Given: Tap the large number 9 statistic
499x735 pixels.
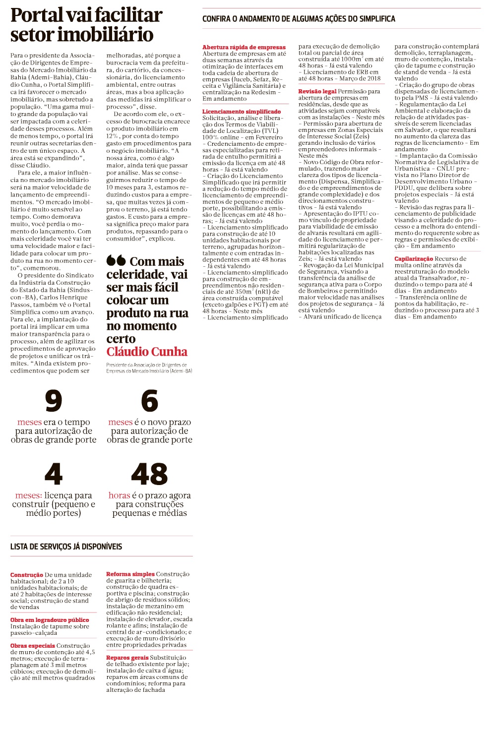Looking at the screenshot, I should click(x=54, y=401).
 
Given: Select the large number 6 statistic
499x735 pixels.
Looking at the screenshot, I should click(x=149, y=401).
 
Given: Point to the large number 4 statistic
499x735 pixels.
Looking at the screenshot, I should click(x=54, y=474).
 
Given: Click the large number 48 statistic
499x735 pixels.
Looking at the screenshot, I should click(x=149, y=474).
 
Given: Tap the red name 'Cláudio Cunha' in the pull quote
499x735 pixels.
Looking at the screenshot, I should click(x=147, y=352).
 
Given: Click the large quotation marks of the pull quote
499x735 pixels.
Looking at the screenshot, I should click(x=116, y=261).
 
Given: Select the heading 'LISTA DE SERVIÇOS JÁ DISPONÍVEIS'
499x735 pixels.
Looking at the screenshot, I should click(x=66, y=547).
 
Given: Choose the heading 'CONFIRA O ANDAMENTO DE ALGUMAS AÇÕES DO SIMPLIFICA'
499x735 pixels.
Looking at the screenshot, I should click(x=299, y=19).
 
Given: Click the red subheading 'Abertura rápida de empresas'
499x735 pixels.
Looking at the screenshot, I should click(x=244, y=47).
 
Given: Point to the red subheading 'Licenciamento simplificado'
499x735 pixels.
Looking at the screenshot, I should click(x=242, y=112).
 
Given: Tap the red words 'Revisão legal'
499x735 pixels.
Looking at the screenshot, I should click(x=317, y=91).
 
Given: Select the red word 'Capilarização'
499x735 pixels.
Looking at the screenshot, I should click(x=414, y=259).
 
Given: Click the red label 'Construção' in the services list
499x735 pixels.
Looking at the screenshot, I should click(x=27, y=575).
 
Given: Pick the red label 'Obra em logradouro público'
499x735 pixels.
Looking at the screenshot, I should click(x=50, y=620).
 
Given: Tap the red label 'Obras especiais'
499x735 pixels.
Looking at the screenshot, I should click(x=33, y=646).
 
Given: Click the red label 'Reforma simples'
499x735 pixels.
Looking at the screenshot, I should click(x=130, y=574).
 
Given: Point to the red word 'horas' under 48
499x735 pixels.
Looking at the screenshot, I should click(x=119, y=495).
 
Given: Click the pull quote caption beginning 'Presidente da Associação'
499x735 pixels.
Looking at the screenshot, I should click(x=149, y=367).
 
